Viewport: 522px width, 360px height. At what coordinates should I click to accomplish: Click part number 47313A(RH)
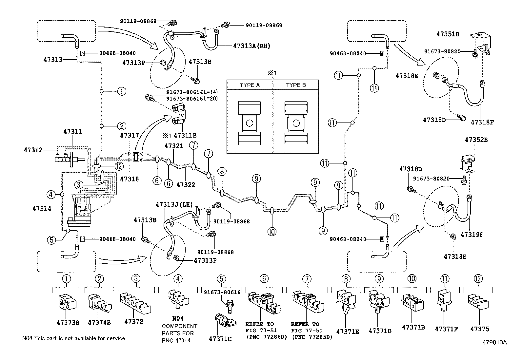pos(252,46)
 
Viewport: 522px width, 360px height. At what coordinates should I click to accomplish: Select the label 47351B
pos(448,34)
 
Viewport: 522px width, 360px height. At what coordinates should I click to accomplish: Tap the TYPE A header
pos(250,85)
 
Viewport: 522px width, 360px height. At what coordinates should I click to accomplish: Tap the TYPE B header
pos(296,85)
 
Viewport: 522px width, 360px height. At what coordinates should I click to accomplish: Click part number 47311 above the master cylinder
pos(72,132)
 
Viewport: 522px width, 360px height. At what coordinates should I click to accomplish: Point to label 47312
pos(33,150)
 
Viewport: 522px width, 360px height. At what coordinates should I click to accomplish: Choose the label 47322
pos(186,185)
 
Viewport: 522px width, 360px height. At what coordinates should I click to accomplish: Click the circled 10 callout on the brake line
pos(272,232)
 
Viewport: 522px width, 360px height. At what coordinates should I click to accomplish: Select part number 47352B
pos(476,140)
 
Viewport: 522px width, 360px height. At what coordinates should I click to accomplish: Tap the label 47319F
pos(472,235)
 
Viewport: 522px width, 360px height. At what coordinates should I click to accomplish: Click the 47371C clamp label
pos(220,339)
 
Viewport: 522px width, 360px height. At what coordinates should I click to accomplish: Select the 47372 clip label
pos(133,322)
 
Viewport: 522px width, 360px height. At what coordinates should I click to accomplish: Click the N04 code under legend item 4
pos(178,318)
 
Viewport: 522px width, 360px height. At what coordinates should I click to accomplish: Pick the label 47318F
pos(482,122)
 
